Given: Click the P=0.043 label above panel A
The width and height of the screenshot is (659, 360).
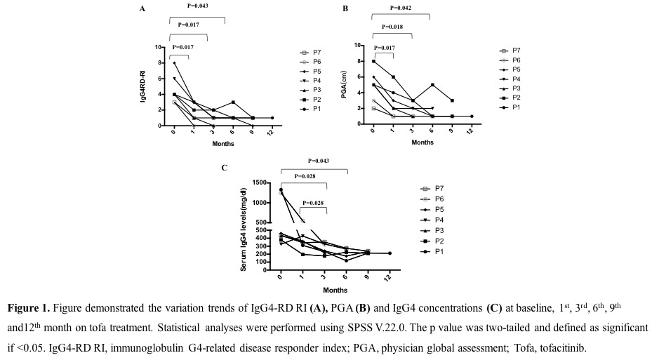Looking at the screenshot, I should click(x=199, y=6).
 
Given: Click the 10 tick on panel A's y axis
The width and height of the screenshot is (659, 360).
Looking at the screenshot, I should click(x=159, y=47).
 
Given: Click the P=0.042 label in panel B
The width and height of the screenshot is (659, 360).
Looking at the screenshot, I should click(x=401, y=8).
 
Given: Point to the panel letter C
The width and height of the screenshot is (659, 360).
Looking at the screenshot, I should click(x=224, y=168).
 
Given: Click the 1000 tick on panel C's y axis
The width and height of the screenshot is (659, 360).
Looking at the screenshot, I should click(x=260, y=203).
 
